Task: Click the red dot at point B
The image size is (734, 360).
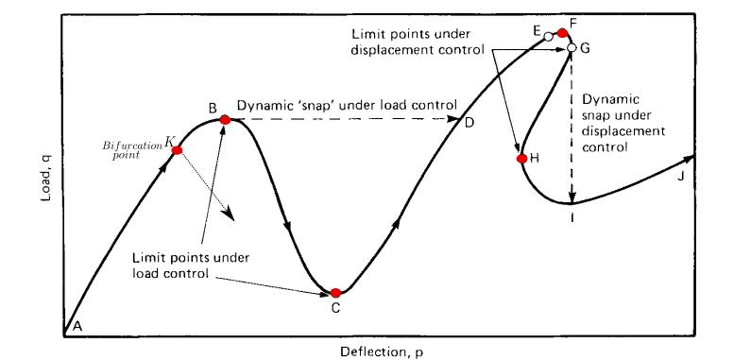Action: (225, 119)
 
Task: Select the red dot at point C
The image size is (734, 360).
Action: (335, 293)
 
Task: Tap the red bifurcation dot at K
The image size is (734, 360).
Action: (177, 150)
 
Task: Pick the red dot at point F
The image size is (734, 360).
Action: (562, 33)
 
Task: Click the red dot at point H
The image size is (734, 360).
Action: (521, 158)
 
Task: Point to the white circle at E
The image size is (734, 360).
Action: (548, 36)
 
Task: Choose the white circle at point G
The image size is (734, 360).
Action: (572, 47)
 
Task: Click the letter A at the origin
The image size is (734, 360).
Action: (77, 325)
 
